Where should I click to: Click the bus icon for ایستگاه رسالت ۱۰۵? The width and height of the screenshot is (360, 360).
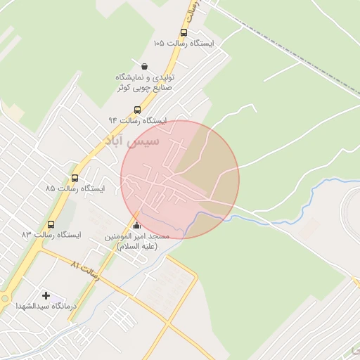(x=184, y=32)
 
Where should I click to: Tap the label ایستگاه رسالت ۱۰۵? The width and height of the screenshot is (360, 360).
(x=184, y=43)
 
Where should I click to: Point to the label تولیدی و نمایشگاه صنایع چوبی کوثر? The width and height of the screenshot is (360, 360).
(x=144, y=82)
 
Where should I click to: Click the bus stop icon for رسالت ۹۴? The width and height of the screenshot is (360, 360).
(x=137, y=110)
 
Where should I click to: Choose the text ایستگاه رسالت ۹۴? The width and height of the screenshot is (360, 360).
(x=137, y=120)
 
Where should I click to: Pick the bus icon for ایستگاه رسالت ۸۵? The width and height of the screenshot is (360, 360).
(x=75, y=178)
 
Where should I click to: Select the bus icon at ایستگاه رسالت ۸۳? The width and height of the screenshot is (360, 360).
(x=51, y=224)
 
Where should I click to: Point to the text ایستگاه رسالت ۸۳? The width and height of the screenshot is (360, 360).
(x=51, y=235)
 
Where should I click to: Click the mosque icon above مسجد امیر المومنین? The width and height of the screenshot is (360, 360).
(x=136, y=226)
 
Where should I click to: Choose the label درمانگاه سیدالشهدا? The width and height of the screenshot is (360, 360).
(x=46, y=307)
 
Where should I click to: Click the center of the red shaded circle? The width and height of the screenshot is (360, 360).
(x=180, y=179)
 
